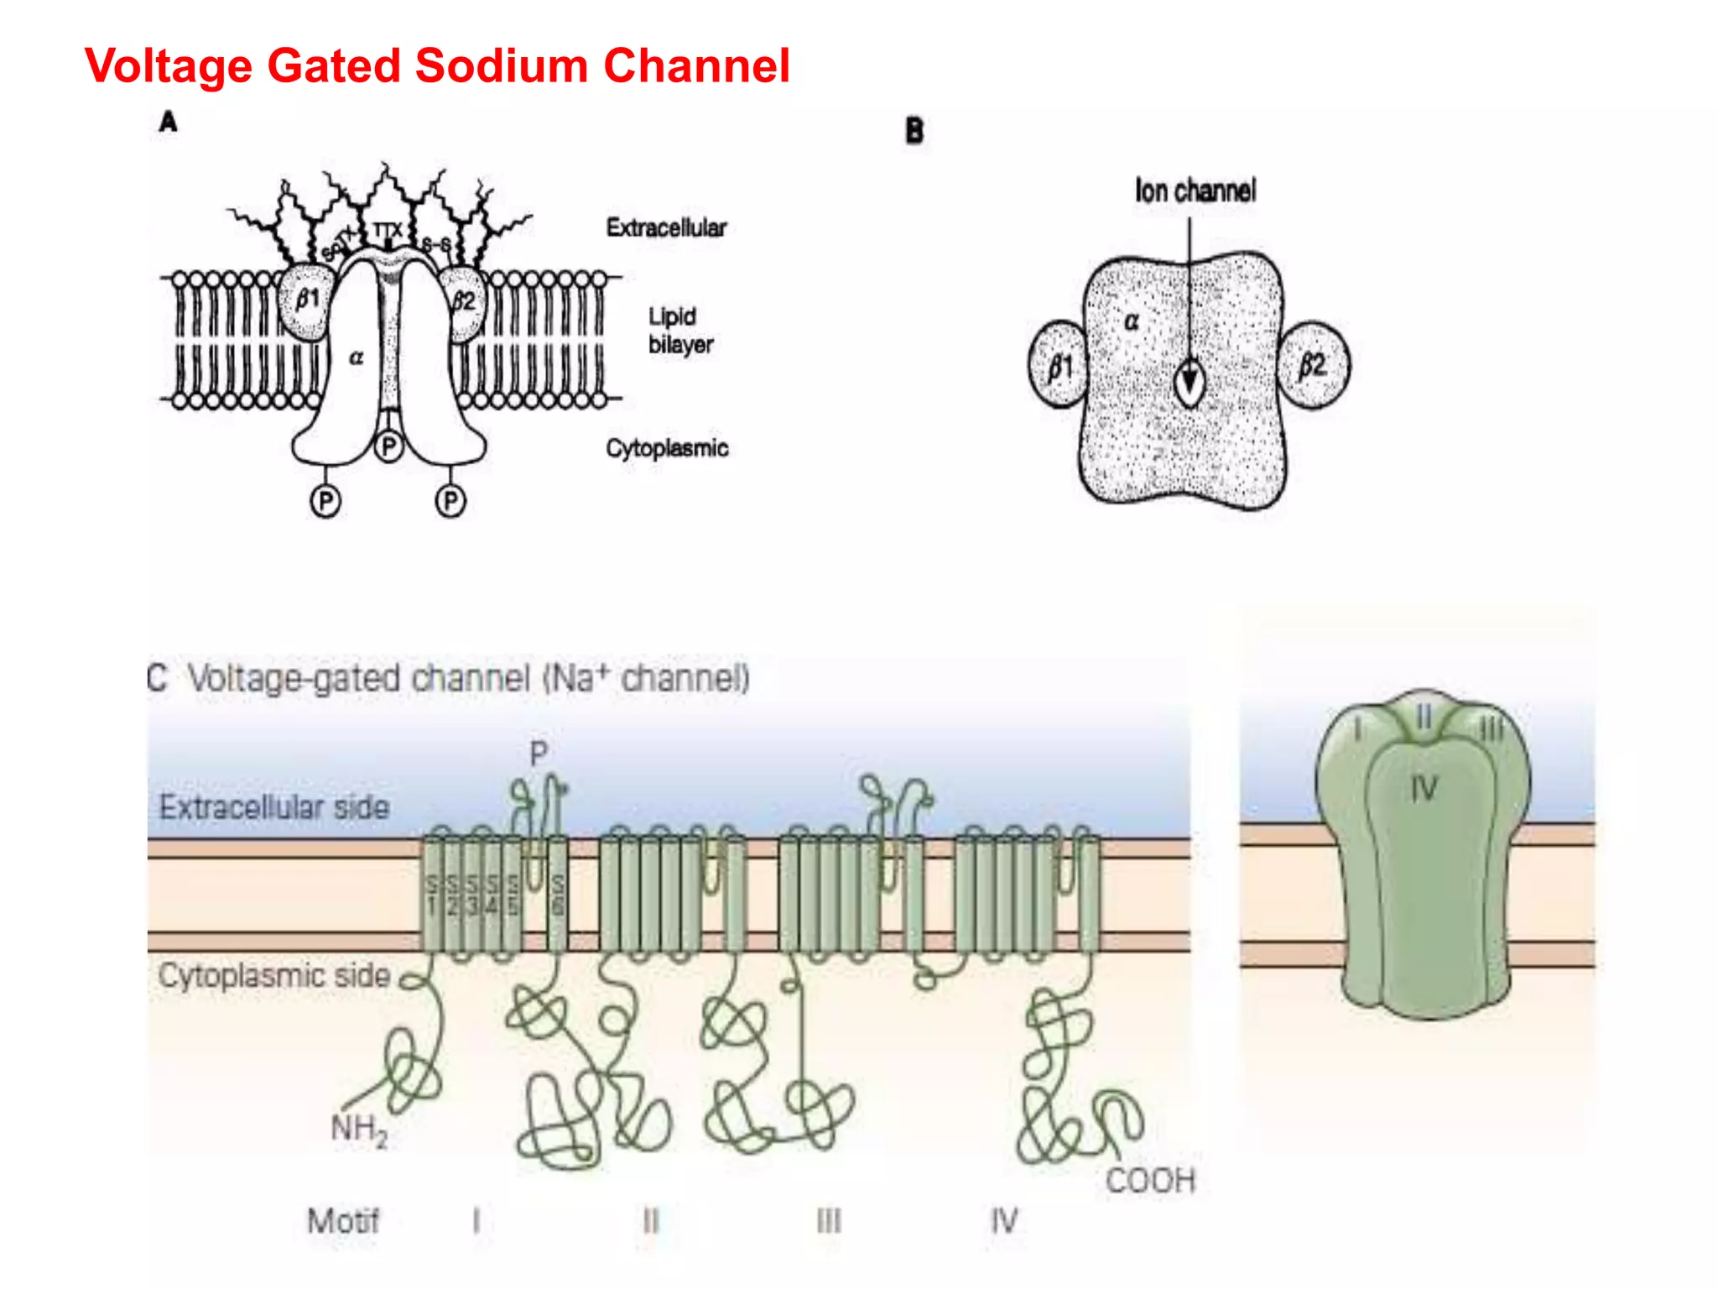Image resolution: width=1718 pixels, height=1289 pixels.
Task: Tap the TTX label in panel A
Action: click(387, 230)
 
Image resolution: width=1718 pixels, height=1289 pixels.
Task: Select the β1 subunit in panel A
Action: click(306, 300)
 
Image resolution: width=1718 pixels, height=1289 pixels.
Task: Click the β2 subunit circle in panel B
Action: click(1313, 365)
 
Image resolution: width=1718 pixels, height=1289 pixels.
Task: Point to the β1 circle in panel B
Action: click(1059, 365)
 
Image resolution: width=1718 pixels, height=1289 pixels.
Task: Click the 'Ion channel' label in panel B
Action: click(1195, 191)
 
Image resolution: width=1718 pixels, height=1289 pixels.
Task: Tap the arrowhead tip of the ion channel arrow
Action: click(1189, 394)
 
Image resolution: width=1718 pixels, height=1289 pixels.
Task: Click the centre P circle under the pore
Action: click(388, 446)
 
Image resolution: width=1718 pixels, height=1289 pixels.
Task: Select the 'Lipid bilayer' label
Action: click(679, 331)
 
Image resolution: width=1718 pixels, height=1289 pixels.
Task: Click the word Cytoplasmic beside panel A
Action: click(667, 448)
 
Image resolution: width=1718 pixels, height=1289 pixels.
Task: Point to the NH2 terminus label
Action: click(359, 1129)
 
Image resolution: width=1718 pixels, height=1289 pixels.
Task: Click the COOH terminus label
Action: click(1149, 1181)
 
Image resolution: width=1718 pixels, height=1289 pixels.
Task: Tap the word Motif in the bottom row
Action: click(343, 1220)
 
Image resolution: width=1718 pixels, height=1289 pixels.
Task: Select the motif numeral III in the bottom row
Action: click(829, 1220)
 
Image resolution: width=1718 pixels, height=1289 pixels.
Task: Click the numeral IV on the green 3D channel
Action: click(1424, 789)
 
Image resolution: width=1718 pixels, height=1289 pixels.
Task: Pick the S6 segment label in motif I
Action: click(558, 895)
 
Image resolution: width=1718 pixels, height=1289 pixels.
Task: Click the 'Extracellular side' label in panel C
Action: click(274, 807)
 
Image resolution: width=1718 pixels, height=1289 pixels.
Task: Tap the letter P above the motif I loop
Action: click(539, 754)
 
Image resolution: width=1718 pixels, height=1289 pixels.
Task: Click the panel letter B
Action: click(914, 131)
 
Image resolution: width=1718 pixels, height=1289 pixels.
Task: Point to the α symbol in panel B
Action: click(1131, 321)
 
